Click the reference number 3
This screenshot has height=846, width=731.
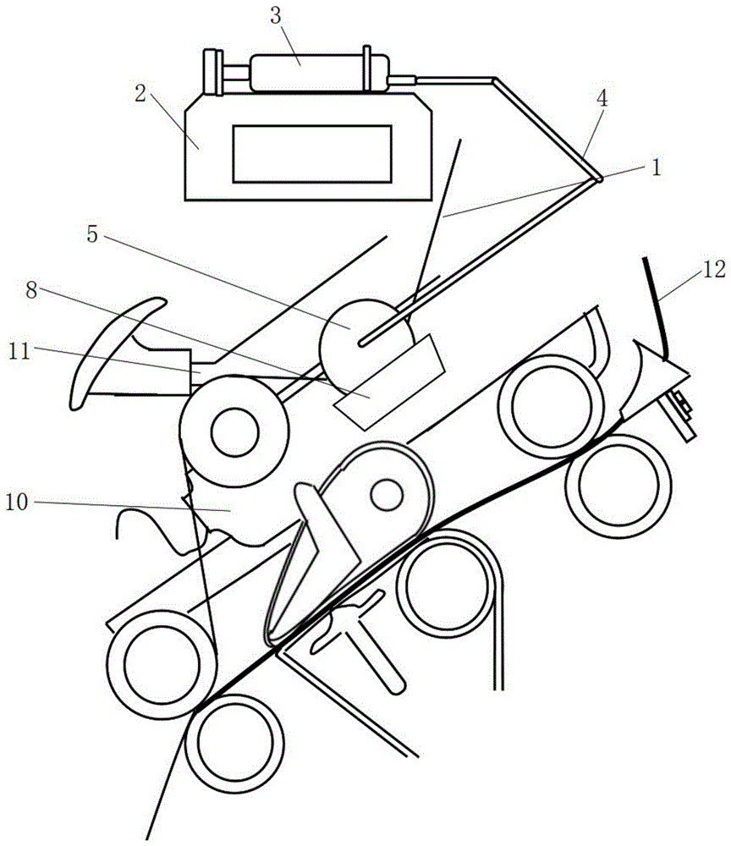click(x=275, y=16)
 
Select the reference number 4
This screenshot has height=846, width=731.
click(x=602, y=98)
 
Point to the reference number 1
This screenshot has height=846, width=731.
click(x=656, y=168)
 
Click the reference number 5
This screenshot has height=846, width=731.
click(x=92, y=234)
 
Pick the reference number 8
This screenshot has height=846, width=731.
click(x=31, y=290)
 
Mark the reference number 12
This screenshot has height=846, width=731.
click(x=714, y=269)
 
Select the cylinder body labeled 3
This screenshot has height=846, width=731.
click(x=319, y=73)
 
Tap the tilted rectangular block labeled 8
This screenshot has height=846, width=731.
click(x=389, y=382)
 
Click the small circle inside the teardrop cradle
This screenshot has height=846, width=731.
click(x=387, y=495)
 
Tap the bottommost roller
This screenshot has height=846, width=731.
click(x=234, y=744)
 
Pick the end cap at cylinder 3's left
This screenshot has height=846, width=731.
click(x=212, y=72)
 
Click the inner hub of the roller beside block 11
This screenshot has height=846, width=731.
click(x=235, y=431)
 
